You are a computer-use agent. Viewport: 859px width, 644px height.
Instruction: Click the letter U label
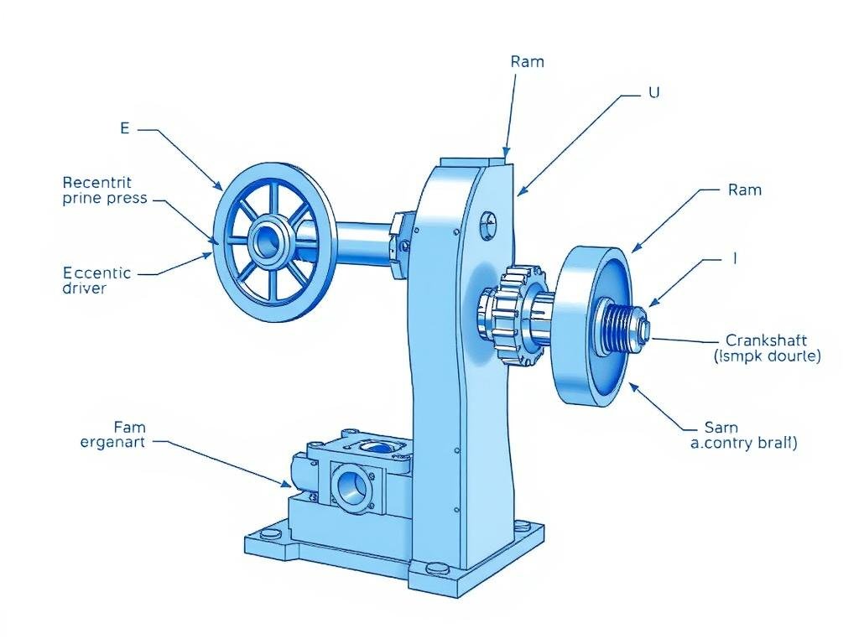(654, 94)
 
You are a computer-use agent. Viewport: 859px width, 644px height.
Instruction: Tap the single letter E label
(125, 128)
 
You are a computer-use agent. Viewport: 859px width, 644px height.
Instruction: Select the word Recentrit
(97, 182)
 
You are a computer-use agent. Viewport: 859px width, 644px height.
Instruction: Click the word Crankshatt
(765, 340)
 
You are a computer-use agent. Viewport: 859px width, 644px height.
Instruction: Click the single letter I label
(735, 259)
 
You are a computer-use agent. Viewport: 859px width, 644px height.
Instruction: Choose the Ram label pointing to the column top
(527, 62)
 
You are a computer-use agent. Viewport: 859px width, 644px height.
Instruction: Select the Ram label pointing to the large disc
(745, 190)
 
